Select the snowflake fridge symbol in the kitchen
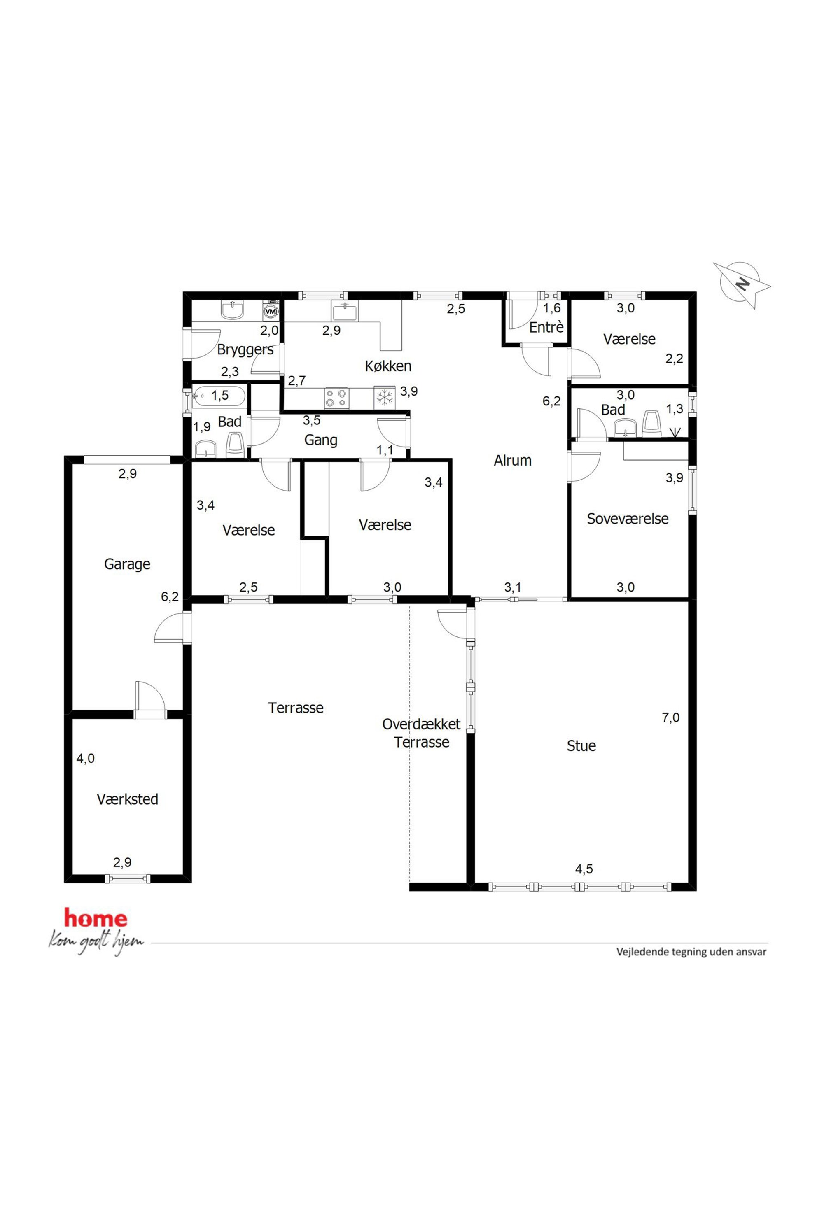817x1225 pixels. click(x=385, y=398)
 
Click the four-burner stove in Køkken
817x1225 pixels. click(x=336, y=398)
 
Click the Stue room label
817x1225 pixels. click(x=581, y=745)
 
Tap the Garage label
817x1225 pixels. click(x=127, y=564)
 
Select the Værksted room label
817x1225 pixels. click(x=127, y=799)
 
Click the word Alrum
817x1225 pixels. click(x=513, y=461)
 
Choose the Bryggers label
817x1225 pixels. click(x=245, y=349)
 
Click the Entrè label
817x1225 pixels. click(x=546, y=327)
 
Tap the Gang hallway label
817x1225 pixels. click(x=320, y=440)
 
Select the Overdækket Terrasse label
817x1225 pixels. click(x=422, y=733)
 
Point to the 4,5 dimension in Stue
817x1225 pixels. click(x=584, y=869)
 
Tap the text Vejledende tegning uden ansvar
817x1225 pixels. click(x=691, y=952)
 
